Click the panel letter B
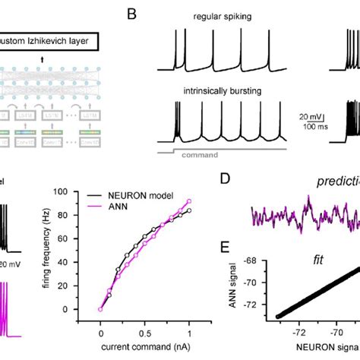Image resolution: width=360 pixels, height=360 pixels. pos(131,13)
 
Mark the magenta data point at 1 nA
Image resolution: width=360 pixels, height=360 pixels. pos(189,201)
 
